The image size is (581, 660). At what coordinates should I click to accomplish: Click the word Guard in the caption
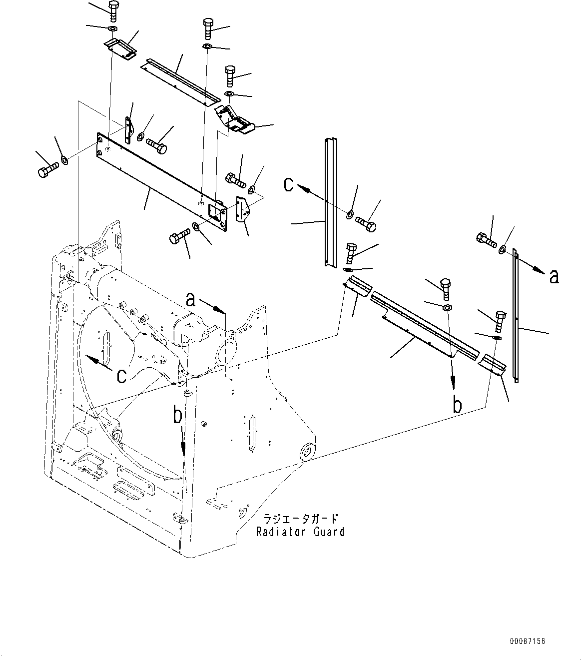329,532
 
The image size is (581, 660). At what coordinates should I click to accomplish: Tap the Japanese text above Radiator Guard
301,519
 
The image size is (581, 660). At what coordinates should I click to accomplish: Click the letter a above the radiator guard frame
190,299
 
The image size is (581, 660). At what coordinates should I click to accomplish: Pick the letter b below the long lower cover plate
457,405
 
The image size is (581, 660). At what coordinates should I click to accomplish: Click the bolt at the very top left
112,9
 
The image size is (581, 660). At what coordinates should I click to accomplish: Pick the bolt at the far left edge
44,171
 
